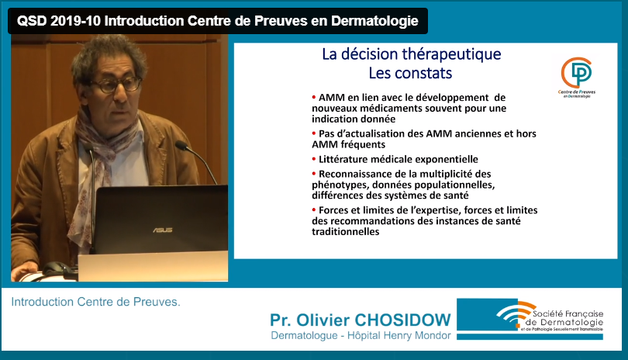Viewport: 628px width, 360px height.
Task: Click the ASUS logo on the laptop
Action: click(x=163, y=230)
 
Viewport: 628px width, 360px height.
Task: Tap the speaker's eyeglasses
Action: click(x=116, y=85)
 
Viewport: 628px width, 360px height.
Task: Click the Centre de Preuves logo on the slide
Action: click(x=577, y=78)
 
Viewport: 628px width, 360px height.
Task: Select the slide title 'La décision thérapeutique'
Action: click(x=412, y=54)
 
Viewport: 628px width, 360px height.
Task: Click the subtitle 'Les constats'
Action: click(x=410, y=74)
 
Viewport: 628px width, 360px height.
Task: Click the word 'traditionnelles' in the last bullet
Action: click(x=346, y=232)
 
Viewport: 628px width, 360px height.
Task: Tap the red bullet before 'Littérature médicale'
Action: click(x=314, y=159)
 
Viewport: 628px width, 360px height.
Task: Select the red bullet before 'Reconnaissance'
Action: click(x=314, y=174)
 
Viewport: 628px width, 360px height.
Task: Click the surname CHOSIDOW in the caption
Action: click(x=403, y=320)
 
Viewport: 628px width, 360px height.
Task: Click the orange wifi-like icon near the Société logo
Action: click(x=516, y=313)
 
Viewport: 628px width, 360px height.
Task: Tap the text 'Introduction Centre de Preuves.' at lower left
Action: click(x=95, y=302)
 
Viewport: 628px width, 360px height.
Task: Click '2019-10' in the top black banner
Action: click(x=75, y=21)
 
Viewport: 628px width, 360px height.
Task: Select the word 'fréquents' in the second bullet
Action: click(x=366, y=145)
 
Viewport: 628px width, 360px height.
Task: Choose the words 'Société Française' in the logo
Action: click(x=568, y=313)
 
